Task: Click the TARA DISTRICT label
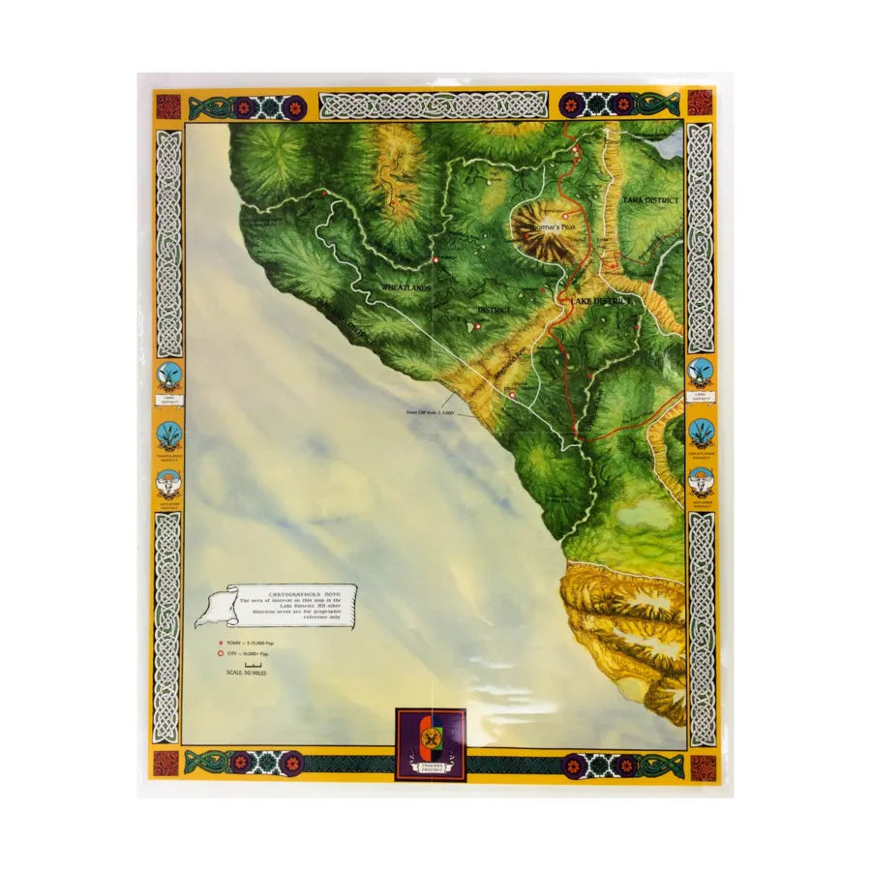point(650,199)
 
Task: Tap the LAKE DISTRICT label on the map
point(601,302)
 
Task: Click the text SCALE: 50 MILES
point(246,674)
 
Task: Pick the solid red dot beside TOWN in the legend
point(221,642)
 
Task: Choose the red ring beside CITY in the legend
point(221,653)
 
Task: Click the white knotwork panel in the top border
point(434,105)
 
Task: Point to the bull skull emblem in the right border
point(701,478)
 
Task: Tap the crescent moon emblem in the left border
point(167,371)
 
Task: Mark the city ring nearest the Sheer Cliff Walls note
point(512,395)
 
